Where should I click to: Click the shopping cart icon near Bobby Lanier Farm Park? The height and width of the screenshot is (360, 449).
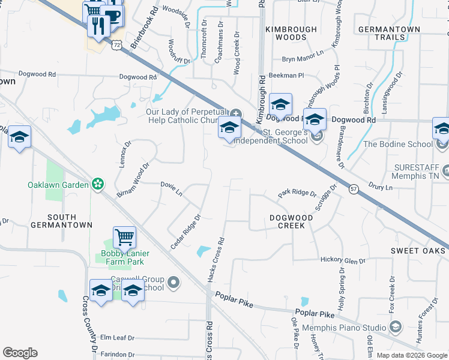(124, 236)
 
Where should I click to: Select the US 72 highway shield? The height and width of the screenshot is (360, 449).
(116, 44)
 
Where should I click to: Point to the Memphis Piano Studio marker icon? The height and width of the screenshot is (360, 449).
(395, 327)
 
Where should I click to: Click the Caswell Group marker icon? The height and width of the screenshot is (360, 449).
(174, 281)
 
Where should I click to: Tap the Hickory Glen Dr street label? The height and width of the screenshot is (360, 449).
(343, 260)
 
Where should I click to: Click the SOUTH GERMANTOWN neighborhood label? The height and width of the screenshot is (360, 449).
(62, 221)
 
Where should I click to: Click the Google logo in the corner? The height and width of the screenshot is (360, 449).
(20, 353)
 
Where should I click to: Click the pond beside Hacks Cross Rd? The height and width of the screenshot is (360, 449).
(204, 252)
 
